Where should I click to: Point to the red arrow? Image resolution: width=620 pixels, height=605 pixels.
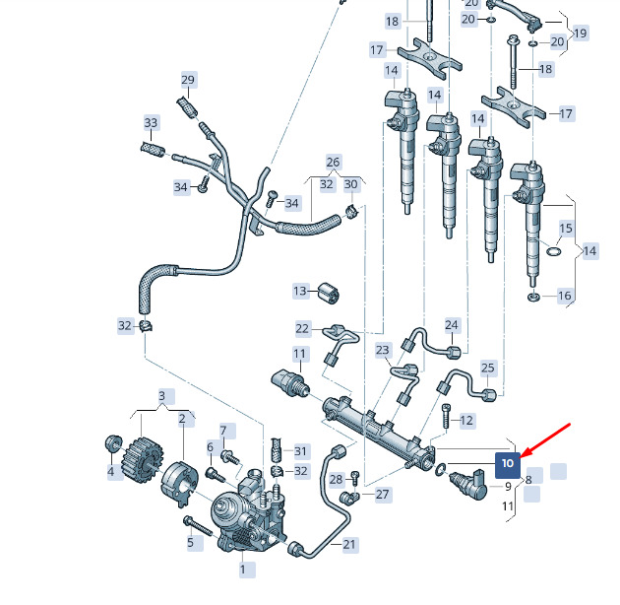pyautogui.click(x=546, y=440)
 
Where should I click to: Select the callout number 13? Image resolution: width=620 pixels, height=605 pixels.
pyautogui.click(x=300, y=291)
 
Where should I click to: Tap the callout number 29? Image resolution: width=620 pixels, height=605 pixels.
pyautogui.click(x=188, y=80)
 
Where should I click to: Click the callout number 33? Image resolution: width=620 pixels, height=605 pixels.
pyautogui.click(x=151, y=123)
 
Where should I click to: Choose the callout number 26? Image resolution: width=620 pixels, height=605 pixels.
pyautogui.click(x=333, y=162)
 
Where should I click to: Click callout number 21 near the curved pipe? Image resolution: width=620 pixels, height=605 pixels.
pyautogui.click(x=348, y=545)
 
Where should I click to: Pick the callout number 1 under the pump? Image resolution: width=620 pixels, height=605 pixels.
pyautogui.click(x=243, y=570)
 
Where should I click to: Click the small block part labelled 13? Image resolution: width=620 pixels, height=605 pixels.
pyautogui.click(x=329, y=294)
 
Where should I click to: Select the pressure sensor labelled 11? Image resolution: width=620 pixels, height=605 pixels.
pyautogui.click(x=291, y=382)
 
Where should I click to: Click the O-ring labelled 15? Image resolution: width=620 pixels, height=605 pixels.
pyautogui.click(x=553, y=251)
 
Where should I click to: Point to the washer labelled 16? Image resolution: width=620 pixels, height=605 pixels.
pyautogui.click(x=533, y=297)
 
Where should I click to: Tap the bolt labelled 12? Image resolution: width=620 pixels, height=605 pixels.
pyautogui.click(x=446, y=416)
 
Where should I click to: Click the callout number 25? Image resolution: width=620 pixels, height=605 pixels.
pyautogui.click(x=488, y=368)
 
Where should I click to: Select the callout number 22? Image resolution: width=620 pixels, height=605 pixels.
pyautogui.click(x=302, y=329)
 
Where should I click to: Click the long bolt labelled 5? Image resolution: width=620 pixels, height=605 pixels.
pyautogui.click(x=199, y=526)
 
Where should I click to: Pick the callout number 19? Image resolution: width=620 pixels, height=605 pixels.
pyautogui.click(x=580, y=33)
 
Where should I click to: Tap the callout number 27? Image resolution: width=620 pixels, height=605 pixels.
pyautogui.click(x=382, y=494)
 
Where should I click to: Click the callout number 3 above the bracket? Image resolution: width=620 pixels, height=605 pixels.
pyautogui.click(x=161, y=396)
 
